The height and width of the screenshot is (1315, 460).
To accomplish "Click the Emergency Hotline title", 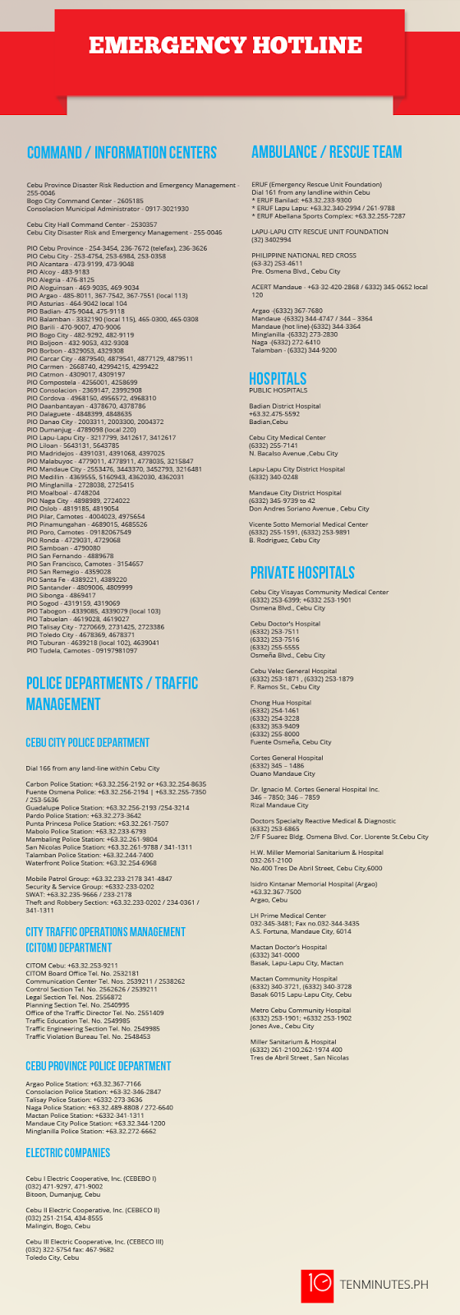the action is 225,45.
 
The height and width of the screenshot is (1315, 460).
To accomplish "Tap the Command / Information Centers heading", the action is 122,153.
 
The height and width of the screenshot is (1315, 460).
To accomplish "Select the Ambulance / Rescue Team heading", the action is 326,152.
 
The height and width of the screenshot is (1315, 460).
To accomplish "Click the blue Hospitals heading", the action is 278,378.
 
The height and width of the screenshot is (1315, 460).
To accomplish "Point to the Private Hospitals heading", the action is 302,573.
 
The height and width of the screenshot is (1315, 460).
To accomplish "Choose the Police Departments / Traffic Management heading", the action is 112,693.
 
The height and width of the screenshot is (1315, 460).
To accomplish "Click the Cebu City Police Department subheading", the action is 87,742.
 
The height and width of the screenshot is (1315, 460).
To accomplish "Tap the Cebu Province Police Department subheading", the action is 98,1066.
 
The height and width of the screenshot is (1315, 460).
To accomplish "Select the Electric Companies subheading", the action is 67,1153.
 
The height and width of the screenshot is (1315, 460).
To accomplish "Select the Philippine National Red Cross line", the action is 304,256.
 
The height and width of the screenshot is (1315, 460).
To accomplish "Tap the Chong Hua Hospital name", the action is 281,703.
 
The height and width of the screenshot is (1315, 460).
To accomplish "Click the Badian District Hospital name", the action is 285,406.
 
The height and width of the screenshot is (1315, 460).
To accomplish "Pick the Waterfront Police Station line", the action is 91,863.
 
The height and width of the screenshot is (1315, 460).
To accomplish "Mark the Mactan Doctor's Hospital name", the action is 288,948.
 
